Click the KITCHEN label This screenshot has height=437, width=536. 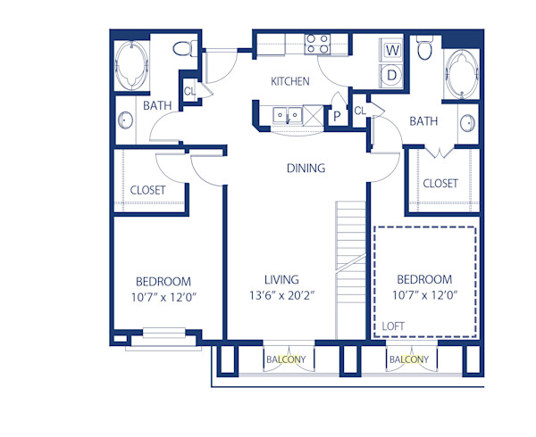(x=290, y=81)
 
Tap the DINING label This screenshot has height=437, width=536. (x=305, y=168)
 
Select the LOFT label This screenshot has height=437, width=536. (x=393, y=326)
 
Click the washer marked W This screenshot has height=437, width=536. (x=392, y=51)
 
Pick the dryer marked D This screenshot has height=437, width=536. (x=392, y=75)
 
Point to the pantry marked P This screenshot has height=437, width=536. (x=338, y=115)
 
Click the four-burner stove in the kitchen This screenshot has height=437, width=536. (x=317, y=44)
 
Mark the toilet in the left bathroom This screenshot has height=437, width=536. (x=184, y=48)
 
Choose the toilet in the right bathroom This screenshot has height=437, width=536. (x=425, y=50)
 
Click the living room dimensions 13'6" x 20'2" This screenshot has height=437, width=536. (x=281, y=296)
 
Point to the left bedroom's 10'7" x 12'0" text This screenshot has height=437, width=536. (x=163, y=297)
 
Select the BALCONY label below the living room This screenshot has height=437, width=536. (x=286, y=359)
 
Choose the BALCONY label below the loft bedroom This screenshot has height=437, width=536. (x=408, y=359)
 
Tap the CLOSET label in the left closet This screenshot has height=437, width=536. (x=148, y=190)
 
